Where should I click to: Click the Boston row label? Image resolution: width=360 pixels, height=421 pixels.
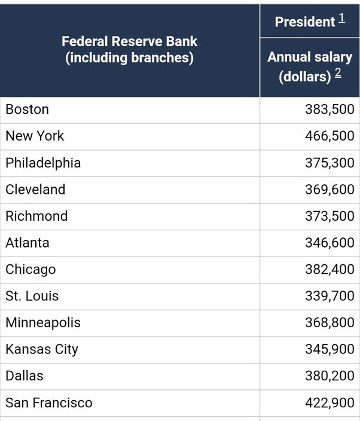27,109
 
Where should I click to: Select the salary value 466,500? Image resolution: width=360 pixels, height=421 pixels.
330,136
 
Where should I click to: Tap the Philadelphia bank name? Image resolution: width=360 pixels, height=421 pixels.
43,163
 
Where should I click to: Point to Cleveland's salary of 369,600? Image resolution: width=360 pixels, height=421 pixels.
330,190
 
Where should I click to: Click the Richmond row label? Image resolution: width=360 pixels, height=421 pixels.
36,216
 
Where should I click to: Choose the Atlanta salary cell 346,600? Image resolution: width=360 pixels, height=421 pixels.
330,242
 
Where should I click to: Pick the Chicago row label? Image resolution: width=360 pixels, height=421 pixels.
30,270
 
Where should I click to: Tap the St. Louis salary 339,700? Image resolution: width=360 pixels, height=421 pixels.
330,296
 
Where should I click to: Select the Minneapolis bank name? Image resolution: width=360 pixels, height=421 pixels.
43,323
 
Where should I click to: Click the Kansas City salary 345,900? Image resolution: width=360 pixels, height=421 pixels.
330,349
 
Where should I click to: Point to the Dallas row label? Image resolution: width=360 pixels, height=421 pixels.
25,376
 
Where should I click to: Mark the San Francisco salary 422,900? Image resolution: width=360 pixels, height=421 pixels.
330,402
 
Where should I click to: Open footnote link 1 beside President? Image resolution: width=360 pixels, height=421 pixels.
341,19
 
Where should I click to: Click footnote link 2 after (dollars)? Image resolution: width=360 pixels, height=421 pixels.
338,73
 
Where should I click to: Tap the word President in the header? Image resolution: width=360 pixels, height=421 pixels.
305,22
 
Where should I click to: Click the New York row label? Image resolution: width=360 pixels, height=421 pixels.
35,136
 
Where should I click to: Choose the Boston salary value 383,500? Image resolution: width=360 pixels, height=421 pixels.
330,109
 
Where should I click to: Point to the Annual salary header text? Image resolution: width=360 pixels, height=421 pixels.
310,57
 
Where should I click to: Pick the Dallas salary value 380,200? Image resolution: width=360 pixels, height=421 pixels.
330,376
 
